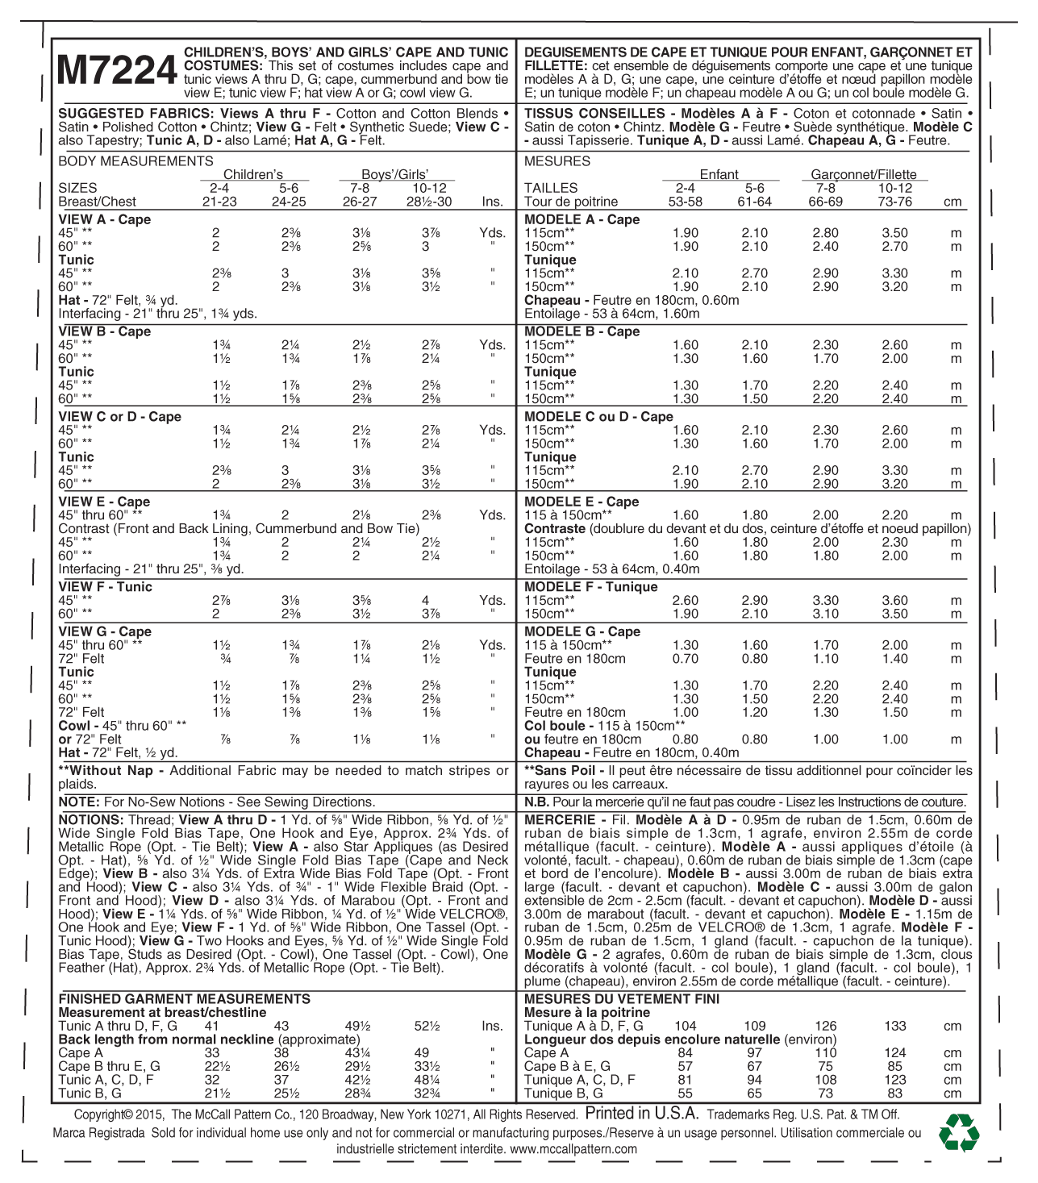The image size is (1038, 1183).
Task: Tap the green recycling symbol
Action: (x=959, y=1133)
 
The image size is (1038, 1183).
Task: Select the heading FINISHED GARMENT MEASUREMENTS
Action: (x=184, y=999)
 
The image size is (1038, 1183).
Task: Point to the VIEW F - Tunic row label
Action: (x=105, y=587)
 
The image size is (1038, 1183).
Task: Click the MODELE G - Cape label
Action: (x=582, y=631)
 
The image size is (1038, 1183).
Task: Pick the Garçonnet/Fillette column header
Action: (x=863, y=174)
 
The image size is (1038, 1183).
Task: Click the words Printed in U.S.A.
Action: (x=641, y=1114)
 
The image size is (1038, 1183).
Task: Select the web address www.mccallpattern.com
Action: (x=573, y=1149)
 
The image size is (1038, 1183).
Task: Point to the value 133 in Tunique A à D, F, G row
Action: (x=894, y=1027)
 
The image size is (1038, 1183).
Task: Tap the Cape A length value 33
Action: (x=211, y=1053)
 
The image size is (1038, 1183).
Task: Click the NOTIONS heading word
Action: (x=90, y=820)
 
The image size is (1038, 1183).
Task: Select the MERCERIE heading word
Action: (x=560, y=820)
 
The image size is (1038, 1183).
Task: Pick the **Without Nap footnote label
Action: (x=111, y=771)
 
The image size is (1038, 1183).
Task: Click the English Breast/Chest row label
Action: (x=97, y=202)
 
